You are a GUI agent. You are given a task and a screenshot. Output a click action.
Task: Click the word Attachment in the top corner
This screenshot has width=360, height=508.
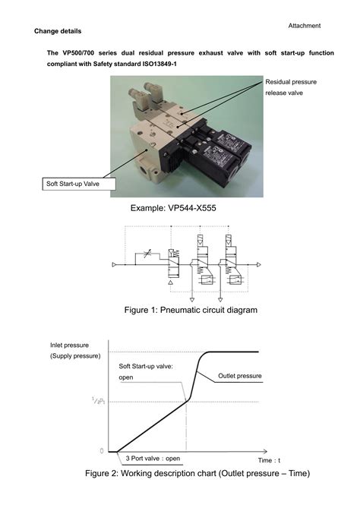(304, 26)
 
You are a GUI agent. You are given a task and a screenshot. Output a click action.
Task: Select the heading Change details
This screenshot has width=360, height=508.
(58, 31)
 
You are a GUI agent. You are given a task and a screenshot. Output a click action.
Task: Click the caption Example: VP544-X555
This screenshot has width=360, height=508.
(179, 207)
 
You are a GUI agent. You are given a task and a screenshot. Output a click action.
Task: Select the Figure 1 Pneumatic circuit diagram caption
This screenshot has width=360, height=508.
(179, 310)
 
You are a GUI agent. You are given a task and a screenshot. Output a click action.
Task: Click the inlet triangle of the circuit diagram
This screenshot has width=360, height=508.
(115, 265)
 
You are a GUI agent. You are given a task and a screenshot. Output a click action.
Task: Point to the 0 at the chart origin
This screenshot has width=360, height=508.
(101, 450)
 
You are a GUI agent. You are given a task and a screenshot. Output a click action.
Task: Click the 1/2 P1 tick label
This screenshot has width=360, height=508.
(97, 401)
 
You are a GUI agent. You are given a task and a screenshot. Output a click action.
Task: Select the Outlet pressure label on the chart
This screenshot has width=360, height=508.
(239, 376)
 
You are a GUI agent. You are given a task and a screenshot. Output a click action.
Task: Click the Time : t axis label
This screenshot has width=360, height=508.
(268, 460)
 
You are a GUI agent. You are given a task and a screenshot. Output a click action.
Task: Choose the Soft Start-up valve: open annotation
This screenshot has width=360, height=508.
(147, 371)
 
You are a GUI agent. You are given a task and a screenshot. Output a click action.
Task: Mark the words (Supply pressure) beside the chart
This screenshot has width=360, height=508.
(74, 355)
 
